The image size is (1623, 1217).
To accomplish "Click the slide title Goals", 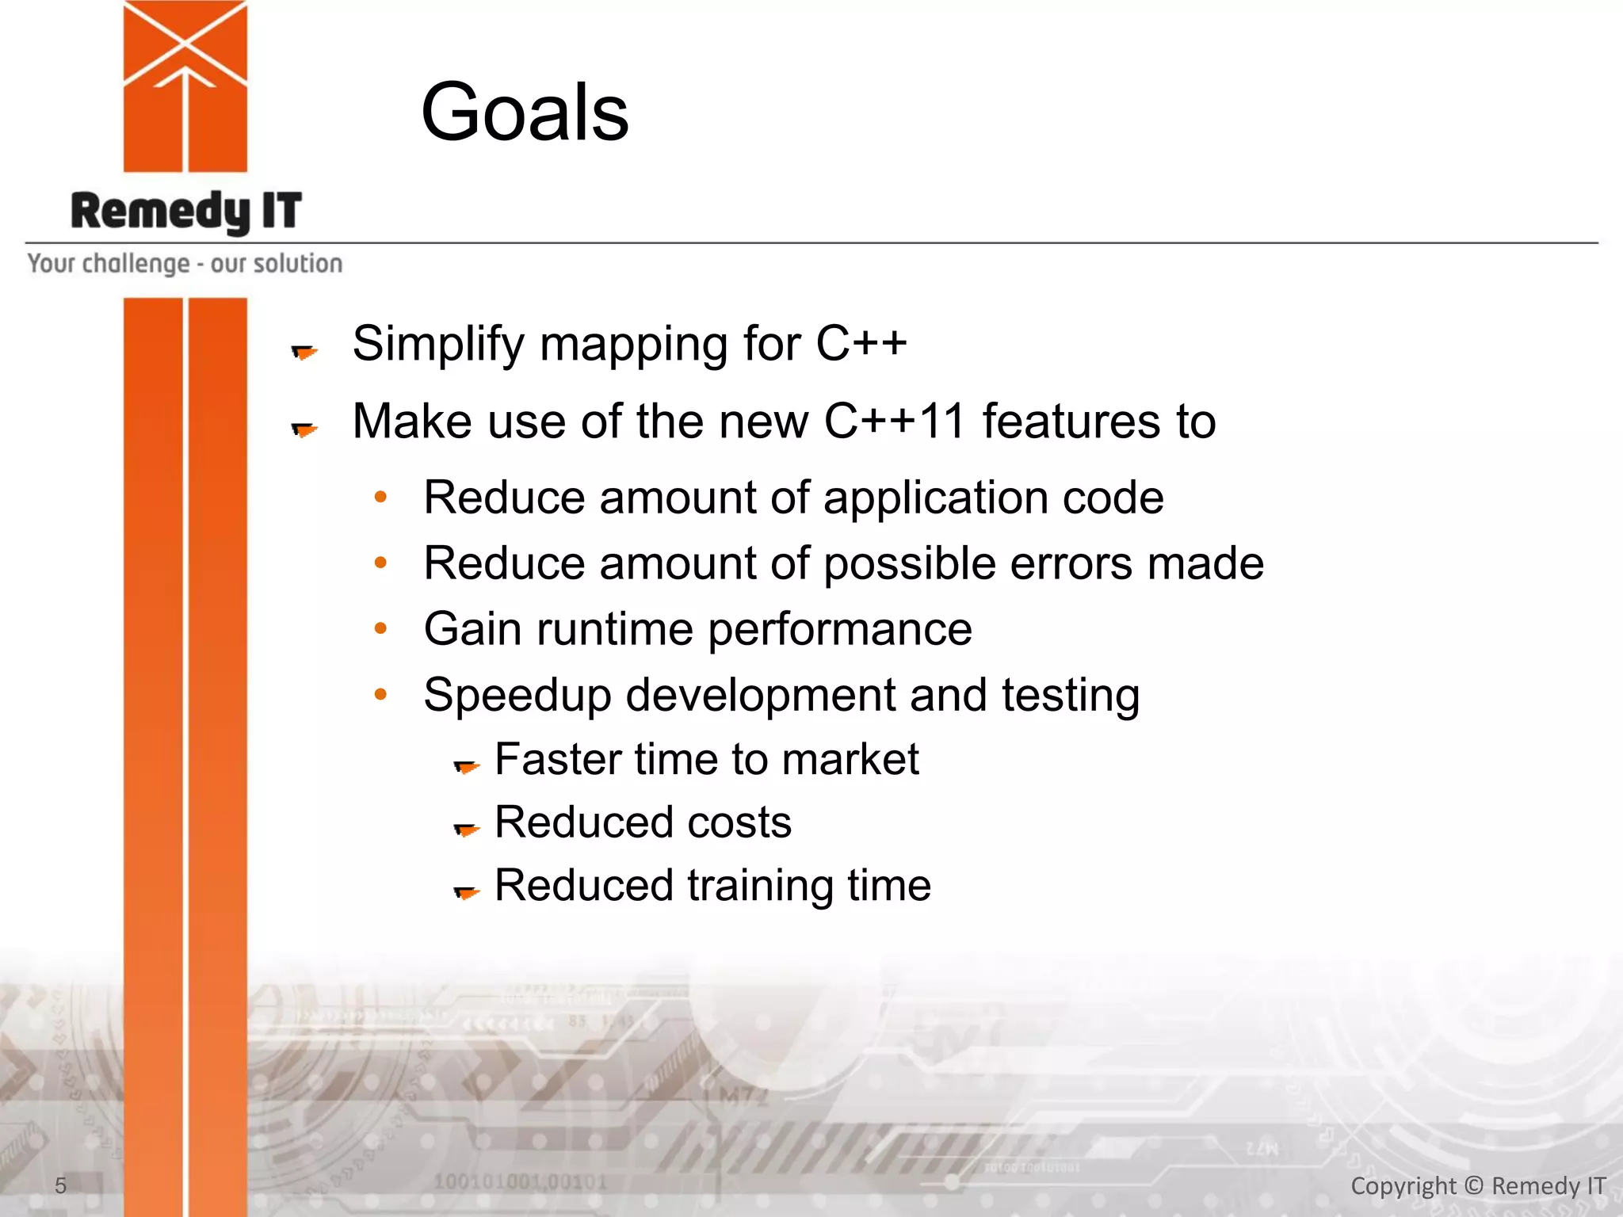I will (525, 113).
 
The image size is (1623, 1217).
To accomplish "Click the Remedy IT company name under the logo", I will (186, 212).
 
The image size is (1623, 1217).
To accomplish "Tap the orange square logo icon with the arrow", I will (185, 86).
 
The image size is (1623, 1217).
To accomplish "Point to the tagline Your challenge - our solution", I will (185, 263).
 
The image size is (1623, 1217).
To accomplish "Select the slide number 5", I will (60, 1185).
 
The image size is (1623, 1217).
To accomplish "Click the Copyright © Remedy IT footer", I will (1477, 1185).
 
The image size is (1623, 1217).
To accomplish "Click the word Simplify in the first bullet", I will (438, 345).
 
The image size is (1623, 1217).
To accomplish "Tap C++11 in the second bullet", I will (894, 421).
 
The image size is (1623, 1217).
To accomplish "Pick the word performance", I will (840, 630).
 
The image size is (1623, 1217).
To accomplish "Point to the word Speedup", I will (517, 696).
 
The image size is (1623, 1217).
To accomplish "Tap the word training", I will (760, 885).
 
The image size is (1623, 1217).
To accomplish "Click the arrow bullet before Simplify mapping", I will (304, 351).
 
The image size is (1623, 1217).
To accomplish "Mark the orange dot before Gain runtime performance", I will (381, 629).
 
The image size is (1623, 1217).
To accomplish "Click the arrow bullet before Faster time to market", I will (466, 765).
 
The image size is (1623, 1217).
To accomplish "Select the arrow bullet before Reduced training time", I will (466, 892).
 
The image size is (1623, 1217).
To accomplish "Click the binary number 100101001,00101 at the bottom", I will (520, 1182).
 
